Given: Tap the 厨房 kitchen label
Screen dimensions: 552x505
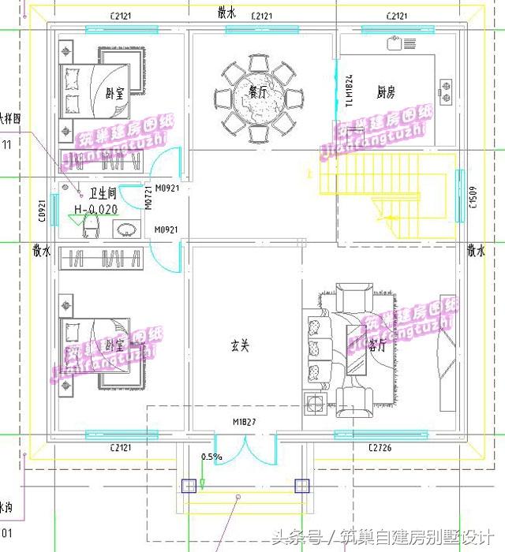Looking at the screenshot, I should [385, 92].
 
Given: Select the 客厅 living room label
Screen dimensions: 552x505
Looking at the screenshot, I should [377, 345].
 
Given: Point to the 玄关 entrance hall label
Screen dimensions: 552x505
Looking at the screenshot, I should [240, 345].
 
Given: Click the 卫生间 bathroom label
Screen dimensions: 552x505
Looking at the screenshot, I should [103, 192].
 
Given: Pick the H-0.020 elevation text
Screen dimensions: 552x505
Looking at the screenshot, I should [95, 209].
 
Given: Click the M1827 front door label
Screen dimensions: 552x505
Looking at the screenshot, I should [244, 423].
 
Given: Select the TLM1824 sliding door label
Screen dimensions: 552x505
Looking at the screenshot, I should [348, 91].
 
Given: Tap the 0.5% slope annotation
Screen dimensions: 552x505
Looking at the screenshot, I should [211, 457].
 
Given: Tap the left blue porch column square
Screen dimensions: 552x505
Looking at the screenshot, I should [189, 486].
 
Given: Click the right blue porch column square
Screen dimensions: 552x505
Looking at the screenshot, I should [301, 486].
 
